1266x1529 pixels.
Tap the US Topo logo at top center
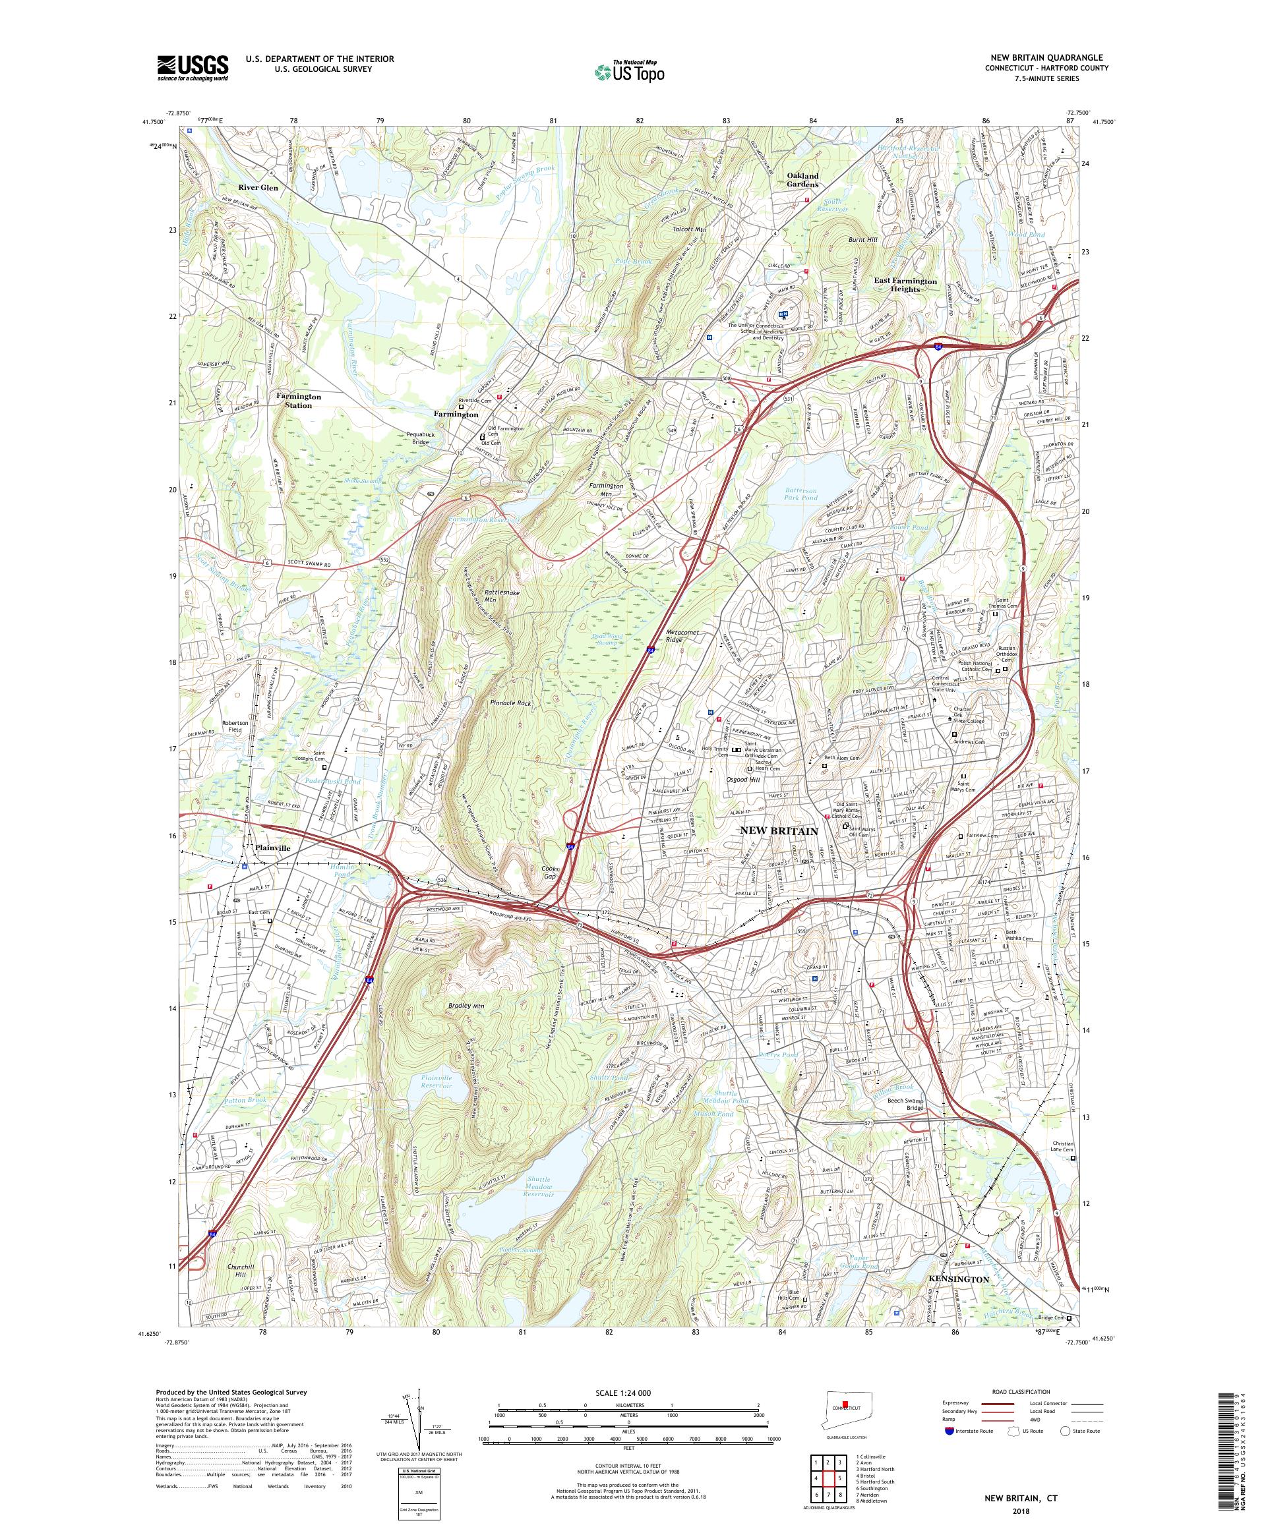tap(630, 71)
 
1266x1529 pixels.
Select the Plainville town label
tap(272, 848)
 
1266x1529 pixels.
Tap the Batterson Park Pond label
tap(809, 496)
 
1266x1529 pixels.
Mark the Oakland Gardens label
tap(802, 180)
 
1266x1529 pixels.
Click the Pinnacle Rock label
tap(515, 704)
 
